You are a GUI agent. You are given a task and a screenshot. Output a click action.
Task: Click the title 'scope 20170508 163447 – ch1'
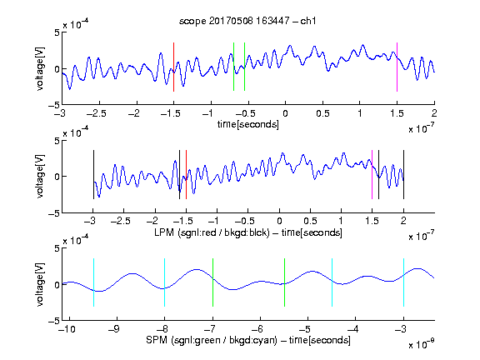point(247,21)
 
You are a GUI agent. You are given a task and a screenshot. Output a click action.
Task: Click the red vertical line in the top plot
point(173,67)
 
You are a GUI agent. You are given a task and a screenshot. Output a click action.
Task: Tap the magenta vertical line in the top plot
point(397,67)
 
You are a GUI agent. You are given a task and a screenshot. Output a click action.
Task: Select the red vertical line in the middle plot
point(186,174)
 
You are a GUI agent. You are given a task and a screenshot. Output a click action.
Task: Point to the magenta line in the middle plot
point(372,174)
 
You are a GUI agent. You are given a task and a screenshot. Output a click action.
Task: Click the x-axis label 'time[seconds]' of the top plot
point(248,124)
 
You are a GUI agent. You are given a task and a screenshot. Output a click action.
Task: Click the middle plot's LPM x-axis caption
point(248,232)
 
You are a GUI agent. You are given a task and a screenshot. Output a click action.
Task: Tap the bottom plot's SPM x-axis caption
point(248,340)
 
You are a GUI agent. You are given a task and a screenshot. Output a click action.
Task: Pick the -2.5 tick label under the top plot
point(96,113)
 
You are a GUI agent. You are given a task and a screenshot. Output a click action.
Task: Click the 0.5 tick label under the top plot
point(322,113)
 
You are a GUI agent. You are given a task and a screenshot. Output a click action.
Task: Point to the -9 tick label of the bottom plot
point(114,329)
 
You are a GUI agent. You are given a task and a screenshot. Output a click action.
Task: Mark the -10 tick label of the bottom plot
point(67,329)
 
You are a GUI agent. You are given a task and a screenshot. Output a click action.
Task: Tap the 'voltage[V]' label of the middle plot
point(40,176)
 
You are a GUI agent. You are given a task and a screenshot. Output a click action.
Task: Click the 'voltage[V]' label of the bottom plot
point(40,284)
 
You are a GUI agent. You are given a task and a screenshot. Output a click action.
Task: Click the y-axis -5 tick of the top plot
point(54,105)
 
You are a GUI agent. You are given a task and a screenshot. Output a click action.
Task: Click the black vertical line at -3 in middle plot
point(93,174)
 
